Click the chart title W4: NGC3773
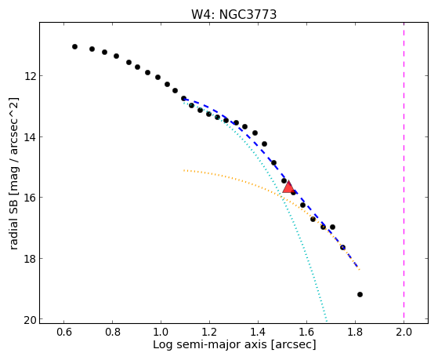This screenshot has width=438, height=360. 233,14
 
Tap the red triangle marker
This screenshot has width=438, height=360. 288,187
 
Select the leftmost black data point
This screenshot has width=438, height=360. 74,47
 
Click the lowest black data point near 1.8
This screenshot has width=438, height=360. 360,294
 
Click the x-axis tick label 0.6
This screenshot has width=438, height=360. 64,332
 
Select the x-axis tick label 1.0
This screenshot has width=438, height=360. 161,332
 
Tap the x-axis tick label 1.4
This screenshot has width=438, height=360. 258,332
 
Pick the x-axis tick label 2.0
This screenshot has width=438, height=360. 404,332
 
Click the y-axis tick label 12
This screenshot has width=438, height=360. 30,76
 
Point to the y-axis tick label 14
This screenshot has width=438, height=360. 30,137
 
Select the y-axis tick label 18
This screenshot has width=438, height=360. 30,259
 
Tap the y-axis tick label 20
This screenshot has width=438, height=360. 30,320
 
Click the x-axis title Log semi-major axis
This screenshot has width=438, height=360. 210,344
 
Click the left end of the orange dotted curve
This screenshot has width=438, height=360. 183,170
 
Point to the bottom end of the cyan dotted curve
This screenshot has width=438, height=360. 326,320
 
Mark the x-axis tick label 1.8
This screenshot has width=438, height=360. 355,332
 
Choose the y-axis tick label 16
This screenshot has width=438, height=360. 30,198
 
